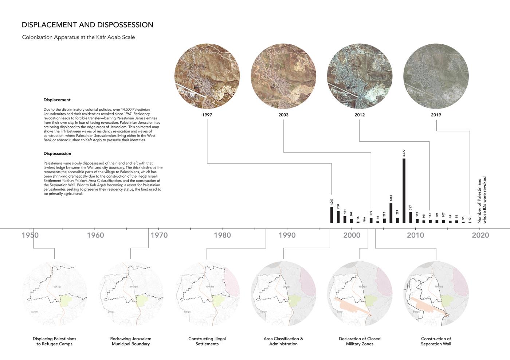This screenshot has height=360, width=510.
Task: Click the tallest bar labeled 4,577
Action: (404, 190)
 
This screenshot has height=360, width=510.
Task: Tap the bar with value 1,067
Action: (331, 214)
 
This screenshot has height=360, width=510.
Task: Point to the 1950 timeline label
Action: (30, 235)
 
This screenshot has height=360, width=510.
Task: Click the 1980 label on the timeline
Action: (222, 235)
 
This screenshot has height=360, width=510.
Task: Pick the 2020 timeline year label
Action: (480, 235)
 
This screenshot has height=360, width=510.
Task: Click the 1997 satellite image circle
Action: (207, 76)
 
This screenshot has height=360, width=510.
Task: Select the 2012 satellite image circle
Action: (360, 76)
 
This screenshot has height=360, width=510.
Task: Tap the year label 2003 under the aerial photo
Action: (283, 115)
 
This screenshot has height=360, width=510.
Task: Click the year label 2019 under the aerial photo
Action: (436, 115)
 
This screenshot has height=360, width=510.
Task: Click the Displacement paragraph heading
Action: (57, 100)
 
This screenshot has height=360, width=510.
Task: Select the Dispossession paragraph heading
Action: (57, 154)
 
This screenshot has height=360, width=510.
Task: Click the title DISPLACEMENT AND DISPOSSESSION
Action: (87, 25)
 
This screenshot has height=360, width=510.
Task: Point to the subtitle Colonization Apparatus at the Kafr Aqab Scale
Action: (78, 37)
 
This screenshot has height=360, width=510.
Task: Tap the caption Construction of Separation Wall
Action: (436, 341)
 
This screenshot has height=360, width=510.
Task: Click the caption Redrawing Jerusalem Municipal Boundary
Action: (131, 341)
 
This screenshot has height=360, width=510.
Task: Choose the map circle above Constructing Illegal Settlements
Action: (207, 294)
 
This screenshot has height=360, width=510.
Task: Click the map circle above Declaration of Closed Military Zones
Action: (360, 294)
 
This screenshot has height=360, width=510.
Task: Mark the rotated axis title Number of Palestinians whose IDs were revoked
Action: (482, 200)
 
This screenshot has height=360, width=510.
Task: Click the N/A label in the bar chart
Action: (364, 219)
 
